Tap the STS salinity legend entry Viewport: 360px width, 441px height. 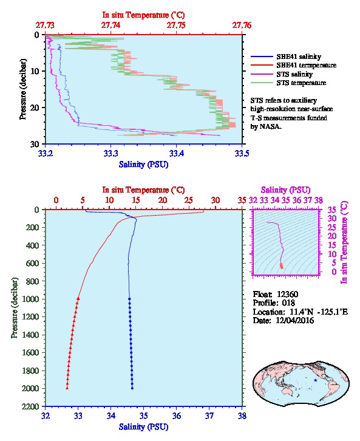coord(294,74)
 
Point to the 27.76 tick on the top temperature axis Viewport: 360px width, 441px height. coord(242,26)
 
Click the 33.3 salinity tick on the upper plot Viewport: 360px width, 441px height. coord(110,153)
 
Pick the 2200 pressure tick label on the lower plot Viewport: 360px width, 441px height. coord(31,406)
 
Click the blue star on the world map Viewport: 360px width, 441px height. coord(315,380)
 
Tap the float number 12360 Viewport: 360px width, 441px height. coord(287,294)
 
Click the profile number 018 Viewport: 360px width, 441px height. coord(288,303)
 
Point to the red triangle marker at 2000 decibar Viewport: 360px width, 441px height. coord(67,388)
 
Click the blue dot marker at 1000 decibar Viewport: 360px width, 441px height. coord(129,299)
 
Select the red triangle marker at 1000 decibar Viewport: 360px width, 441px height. coord(78,299)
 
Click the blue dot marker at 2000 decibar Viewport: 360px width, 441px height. coord(132,388)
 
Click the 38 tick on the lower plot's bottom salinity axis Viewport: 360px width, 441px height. coord(242,415)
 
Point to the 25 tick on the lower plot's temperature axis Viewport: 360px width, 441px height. coord(189,200)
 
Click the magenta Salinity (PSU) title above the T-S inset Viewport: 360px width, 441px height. coord(285,190)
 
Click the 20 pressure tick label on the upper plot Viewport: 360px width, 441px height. coord(35,108)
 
